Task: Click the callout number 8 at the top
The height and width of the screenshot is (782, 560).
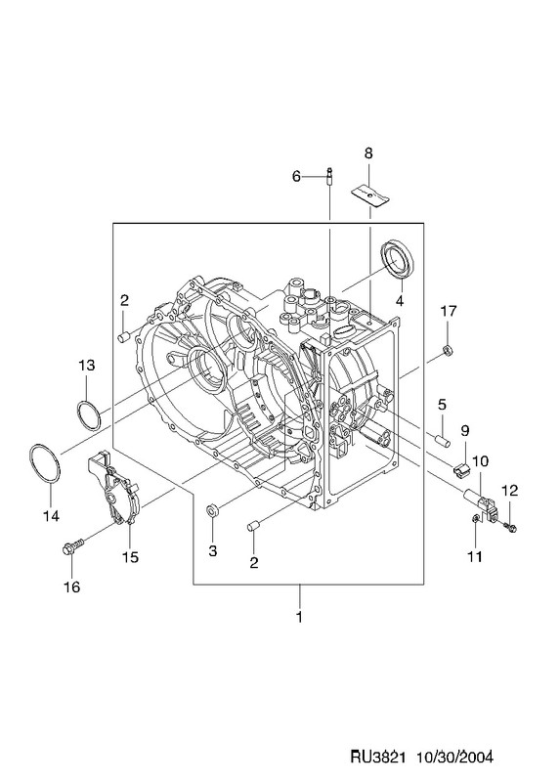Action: point(368,153)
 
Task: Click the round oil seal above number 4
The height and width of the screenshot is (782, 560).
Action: point(398,258)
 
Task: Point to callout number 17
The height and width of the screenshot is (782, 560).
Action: point(449,311)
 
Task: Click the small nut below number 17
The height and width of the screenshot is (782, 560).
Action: point(448,351)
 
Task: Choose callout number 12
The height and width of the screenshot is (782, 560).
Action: point(509,491)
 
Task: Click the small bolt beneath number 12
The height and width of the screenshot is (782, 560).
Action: point(510,526)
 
